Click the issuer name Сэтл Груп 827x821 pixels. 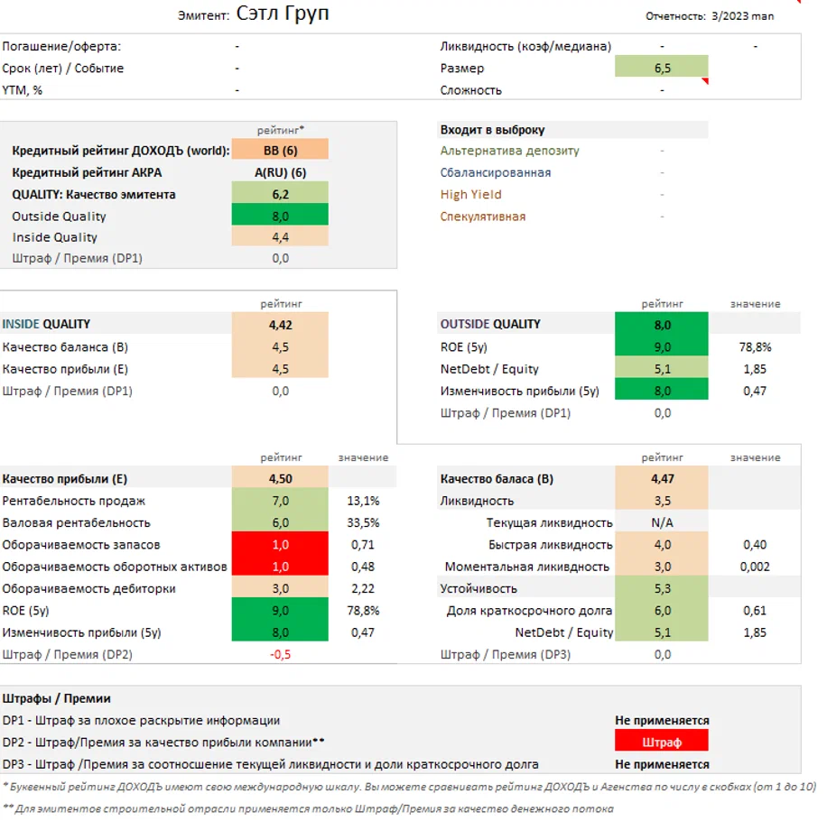click(x=283, y=14)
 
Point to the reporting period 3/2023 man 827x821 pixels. click(x=742, y=15)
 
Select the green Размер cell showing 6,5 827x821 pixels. click(x=661, y=68)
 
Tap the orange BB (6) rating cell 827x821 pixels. click(x=280, y=151)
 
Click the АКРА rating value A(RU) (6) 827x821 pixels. click(x=280, y=172)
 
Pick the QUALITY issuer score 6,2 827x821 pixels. click(x=280, y=194)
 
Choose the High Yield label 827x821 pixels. click(x=470, y=194)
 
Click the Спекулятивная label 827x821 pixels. click(x=482, y=217)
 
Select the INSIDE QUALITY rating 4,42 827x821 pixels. click(x=280, y=324)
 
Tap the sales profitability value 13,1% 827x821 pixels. click(x=363, y=501)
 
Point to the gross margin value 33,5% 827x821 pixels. click(x=363, y=522)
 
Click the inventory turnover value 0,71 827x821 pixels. click(x=363, y=545)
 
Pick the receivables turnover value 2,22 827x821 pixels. click(x=363, y=588)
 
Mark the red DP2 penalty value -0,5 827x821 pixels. click(x=280, y=654)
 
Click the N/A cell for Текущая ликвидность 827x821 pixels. click(x=661, y=522)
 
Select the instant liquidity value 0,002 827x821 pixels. click(x=754, y=567)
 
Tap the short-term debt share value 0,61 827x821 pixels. click(x=754, y=611)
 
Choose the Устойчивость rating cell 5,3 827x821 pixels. click(x=661, y=588)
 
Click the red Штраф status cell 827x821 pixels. click(x=661, y=742)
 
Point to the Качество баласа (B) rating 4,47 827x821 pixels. click(x=661, y=479)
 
